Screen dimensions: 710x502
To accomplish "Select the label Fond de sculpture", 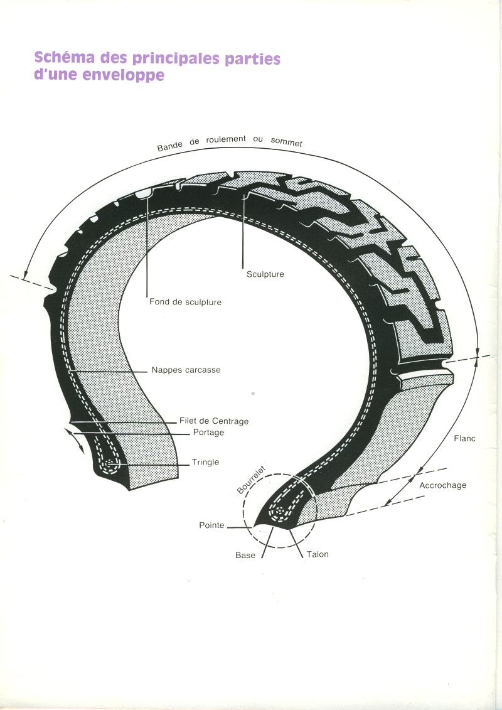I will pos(185,302).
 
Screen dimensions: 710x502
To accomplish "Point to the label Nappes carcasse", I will pos(186,370).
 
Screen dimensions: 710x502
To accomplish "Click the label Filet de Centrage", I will pos(214,421).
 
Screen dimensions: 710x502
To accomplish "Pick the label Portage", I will pos(208,433).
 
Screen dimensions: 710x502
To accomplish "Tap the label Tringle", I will pos(206,462).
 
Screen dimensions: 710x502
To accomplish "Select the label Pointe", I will pos(211,525).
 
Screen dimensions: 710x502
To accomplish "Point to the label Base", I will pos(245,556).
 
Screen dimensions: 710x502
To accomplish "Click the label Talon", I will pos(318,554).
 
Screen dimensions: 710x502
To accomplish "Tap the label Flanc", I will pos(464,438).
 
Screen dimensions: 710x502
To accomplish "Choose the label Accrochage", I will pos(443,485).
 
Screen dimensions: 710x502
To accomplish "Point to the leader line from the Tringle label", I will pos(151,465).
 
